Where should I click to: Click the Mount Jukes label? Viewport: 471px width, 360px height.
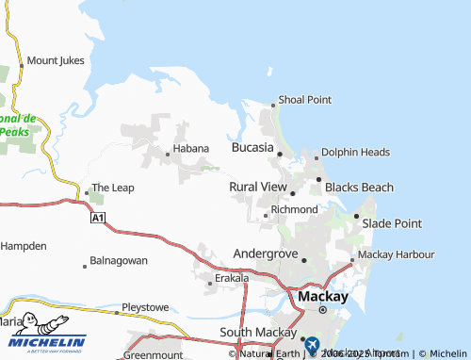(x=56, y=60)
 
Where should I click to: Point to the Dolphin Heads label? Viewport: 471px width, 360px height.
(x=355, y=152)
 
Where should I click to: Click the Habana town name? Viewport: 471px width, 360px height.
(x=189, y=153)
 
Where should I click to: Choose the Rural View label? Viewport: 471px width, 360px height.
(x=257, y=188)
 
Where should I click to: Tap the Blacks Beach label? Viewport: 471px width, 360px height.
(x=359, y=188)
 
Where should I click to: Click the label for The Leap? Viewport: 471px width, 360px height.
(x=112, y=188)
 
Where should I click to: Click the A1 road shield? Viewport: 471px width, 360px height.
(x=97, y=218)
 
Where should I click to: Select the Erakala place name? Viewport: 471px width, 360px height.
(x=232, y=279)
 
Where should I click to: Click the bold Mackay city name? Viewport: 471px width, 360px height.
(x=322, y=296)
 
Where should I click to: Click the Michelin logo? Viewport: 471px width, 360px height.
(x=43, y=344)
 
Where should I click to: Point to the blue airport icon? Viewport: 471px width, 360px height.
(x=312, y=346)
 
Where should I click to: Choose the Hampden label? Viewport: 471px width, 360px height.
(x=23, y=245)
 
